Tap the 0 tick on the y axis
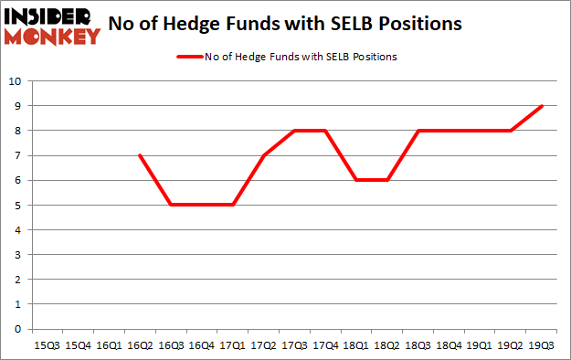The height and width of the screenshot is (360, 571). [17, 329]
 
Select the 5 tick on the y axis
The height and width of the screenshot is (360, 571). [17, 205]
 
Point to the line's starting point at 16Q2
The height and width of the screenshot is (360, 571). [140, 155]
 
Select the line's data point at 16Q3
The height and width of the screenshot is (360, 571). [170, 205]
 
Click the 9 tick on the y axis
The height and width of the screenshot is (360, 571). [17, 105]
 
